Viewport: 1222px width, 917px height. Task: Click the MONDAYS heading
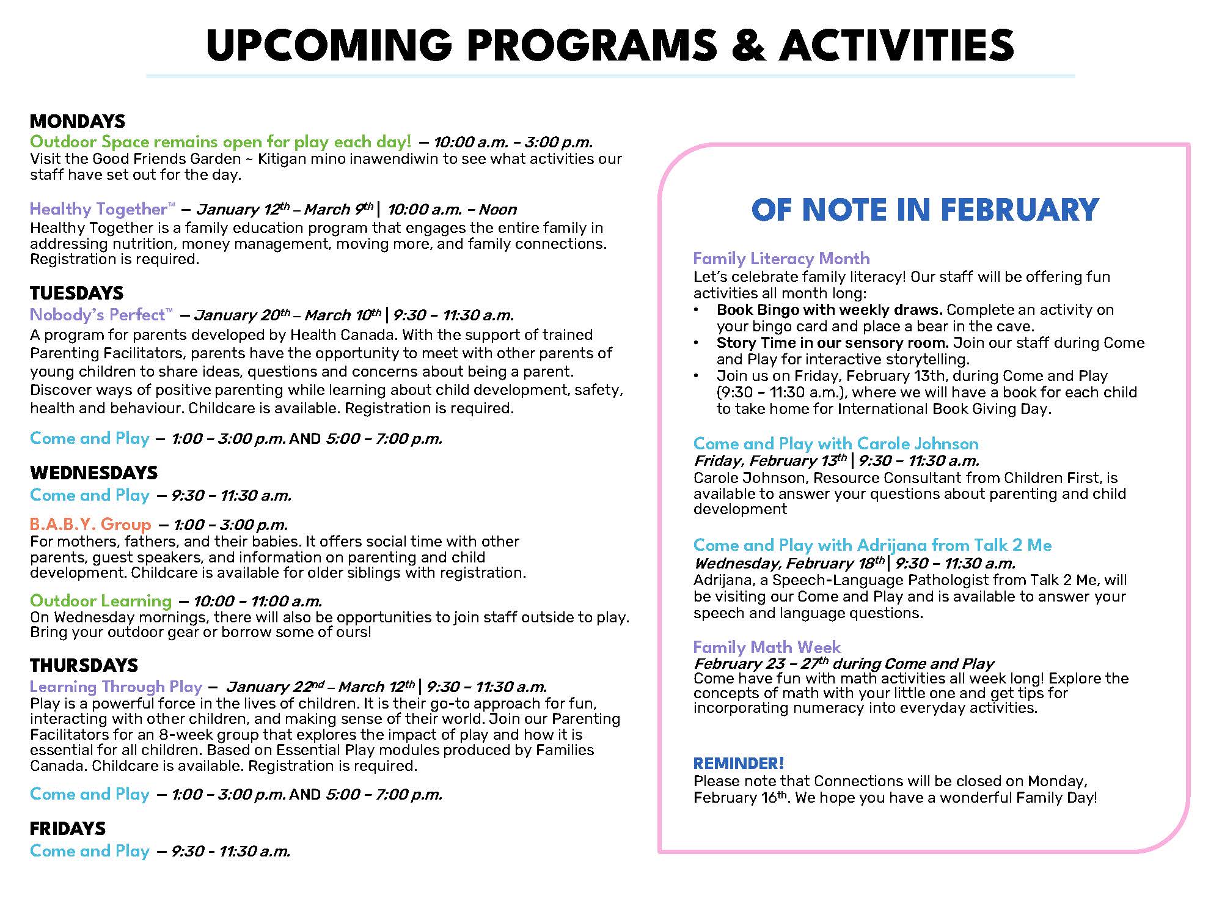point(78,121)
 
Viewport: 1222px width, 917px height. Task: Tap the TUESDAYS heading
point(76,293)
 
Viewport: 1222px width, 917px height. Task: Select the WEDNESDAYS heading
point(93,473)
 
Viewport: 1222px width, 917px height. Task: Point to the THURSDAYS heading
point(84,665)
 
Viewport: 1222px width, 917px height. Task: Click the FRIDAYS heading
point(68,828)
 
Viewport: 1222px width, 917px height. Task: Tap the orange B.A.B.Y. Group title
point(90,524)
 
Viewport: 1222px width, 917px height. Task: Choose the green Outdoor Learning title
point(101,600)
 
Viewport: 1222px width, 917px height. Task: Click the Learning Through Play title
point(115,687)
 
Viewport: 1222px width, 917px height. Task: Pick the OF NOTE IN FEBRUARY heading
point(925,210)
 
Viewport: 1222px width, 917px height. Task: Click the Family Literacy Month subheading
point(781,258)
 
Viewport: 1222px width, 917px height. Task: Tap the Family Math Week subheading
point(767,647)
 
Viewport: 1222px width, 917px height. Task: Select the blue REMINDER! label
point(739,763)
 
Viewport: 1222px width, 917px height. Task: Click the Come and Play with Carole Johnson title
point(836,443)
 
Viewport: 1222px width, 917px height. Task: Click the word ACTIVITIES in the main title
point(896,45)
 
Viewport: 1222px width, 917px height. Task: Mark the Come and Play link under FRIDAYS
point(90,850)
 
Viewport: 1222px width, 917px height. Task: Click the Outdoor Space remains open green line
point(221,142)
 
